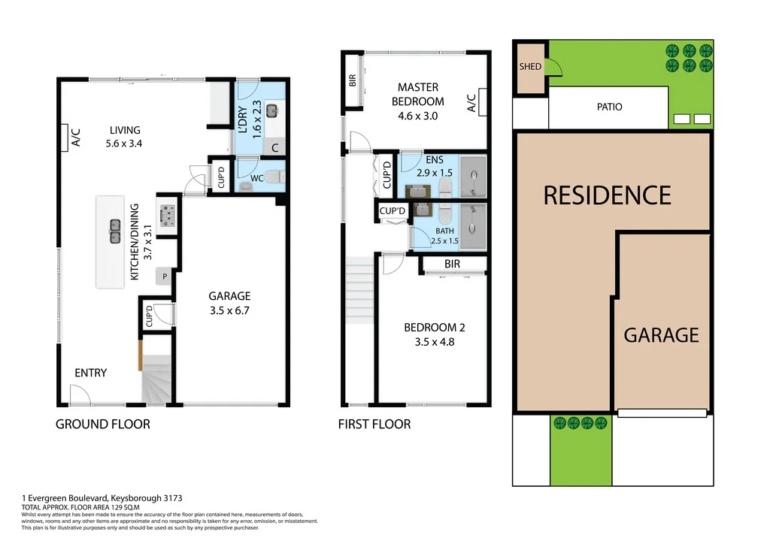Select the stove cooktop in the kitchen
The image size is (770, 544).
tap(166, 216)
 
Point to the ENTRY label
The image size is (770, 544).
tap(90, 373)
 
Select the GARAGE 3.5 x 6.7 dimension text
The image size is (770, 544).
tap(229, 310)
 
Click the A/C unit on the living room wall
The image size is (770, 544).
tap(66, 138)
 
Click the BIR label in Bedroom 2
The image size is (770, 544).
tap(452, 264)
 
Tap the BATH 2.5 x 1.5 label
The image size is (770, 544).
tap(444, 236)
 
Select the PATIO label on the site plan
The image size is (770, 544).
tap(609, 107)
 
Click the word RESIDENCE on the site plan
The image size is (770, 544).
tap(607, 195)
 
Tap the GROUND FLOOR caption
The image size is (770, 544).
tap(103, 425)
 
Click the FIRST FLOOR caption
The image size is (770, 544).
tap(374, 425)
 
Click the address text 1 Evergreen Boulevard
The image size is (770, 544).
tap(102, 498)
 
